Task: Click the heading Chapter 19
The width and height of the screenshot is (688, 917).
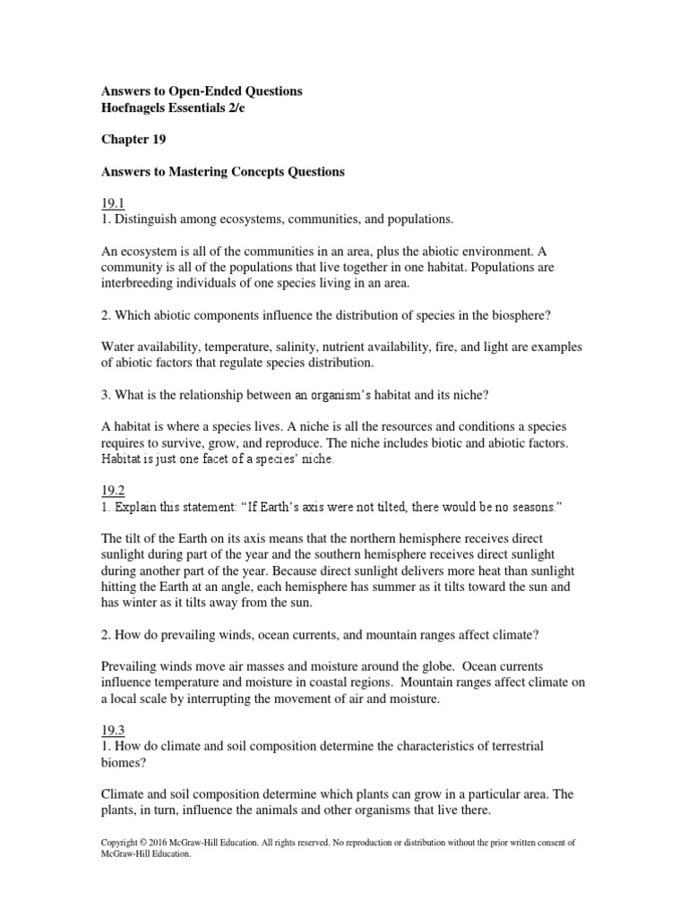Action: [x=133, y=140]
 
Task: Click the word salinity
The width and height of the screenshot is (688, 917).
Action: [x=319, y=347]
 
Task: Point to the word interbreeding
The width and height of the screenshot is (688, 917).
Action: [x=141, y=284]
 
